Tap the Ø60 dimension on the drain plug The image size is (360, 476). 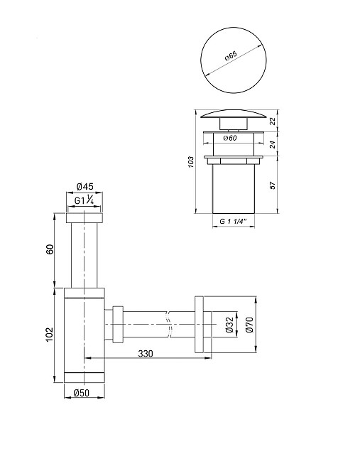pyautogui.click(x=229, y=138)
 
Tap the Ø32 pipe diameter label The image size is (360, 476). pyautogui.click(x=229, y=325)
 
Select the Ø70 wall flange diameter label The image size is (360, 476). pyautogui.click(x=249, y=325)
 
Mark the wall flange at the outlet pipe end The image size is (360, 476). pyautogui.click(x=202, y=325)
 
